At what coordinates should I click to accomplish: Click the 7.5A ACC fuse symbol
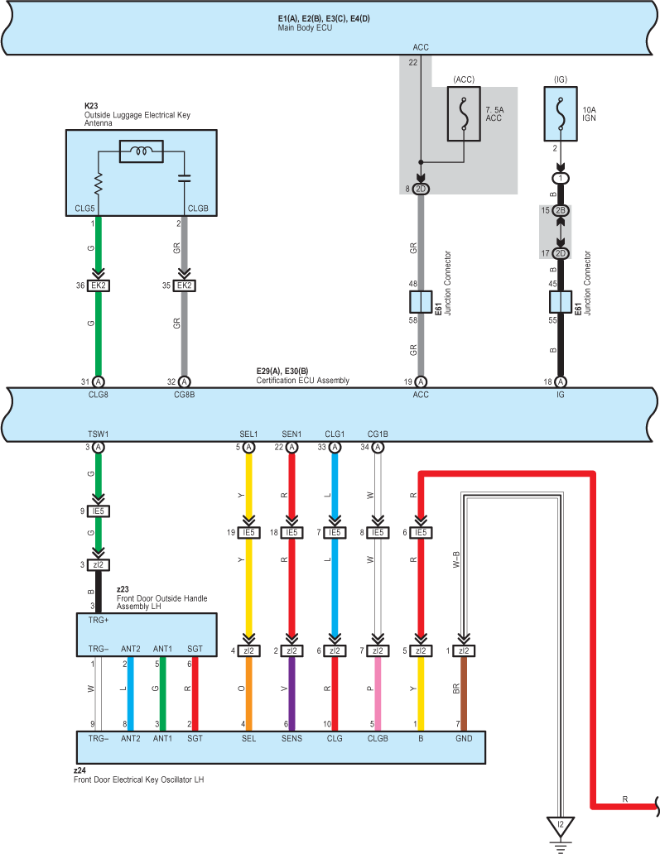(x=464, y=114)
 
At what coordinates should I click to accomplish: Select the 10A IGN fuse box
(x=561, y=114)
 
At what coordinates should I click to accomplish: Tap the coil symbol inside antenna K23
(x=141, y=151)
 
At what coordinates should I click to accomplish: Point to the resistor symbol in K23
(x=99, y=184)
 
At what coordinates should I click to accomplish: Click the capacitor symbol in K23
(x=184, y=178)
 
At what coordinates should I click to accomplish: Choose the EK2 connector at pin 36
(x=99, y=285)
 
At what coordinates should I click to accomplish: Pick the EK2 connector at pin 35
(x=184, y=285)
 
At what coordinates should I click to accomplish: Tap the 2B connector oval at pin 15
(x=561, y=210)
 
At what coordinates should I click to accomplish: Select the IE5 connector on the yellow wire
(x=248, y=532)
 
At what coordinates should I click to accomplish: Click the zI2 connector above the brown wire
(x=464, y=650)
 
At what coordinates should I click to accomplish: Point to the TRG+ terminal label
(x=99, y=620)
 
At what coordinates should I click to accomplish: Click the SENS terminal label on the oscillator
(x=291, y=738)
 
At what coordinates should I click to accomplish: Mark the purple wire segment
(x=291, y=693)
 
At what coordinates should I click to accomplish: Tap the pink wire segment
(x=378, y=693)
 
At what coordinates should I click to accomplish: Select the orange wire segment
(x=248, y=693)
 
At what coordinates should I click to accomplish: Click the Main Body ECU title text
(x=305, y=28)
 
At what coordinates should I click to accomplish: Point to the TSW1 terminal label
(x=99, y=434)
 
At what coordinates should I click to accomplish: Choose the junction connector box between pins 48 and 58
(x=421, y=302)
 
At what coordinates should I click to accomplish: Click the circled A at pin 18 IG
(x=561, y=381)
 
